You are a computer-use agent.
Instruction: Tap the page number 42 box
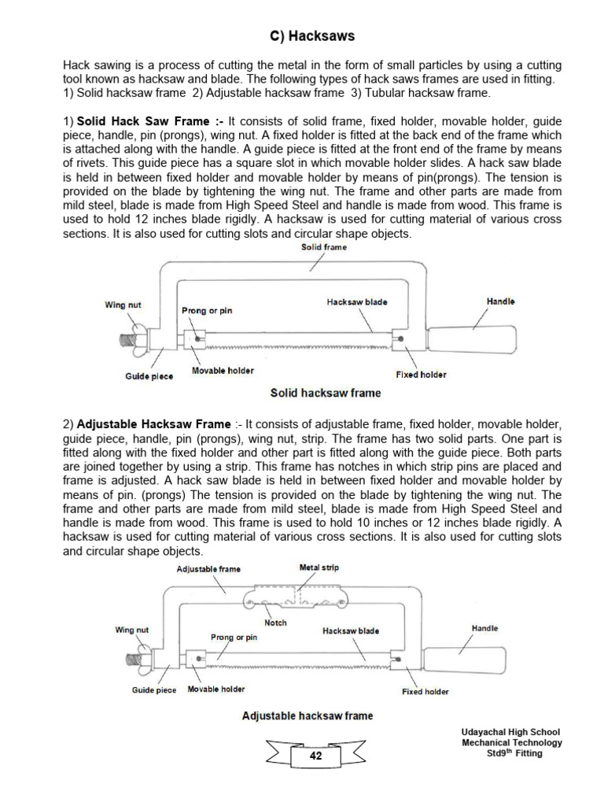point(315,756)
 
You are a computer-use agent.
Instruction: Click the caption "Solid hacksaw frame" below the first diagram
point(325,393)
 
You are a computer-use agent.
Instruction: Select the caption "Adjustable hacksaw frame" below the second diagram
point(308,715)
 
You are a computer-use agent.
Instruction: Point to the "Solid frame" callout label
point(324,247)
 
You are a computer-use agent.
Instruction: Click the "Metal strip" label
point(319,567)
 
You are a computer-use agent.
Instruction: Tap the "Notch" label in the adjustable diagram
point(275,623)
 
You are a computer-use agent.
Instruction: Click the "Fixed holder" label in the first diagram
point(421,375)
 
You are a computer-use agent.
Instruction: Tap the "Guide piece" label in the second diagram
point(154,690)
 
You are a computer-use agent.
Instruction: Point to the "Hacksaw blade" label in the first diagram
point(357,302)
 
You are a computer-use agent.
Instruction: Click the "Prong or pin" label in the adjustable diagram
point(234,637)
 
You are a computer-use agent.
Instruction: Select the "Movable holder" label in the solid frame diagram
point(223,370)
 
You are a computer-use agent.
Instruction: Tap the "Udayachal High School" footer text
point(511,732)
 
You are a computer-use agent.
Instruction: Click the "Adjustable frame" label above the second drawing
point(208,568)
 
